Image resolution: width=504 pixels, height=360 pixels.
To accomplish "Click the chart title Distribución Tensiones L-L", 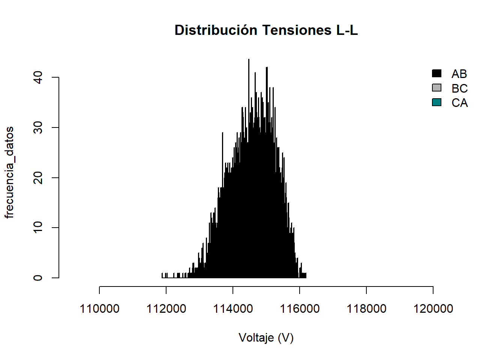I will pyautogui.click(x=266, y=30).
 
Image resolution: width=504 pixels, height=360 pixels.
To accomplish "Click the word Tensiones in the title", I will pyautogui.click(x=297, y=30).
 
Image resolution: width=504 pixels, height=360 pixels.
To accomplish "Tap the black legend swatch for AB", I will pyautogui.click(x=436, y=73).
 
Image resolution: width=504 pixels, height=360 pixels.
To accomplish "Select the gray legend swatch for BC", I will pyautogui.click(x=436, y=88).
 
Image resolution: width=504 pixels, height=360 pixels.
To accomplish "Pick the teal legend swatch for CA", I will pyautogui.click(x=436, y=102).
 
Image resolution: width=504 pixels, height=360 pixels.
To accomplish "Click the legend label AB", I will pyautogui.click(x=459, y=74).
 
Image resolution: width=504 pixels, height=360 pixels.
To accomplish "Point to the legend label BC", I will pyautogui.click(x=459, y=88).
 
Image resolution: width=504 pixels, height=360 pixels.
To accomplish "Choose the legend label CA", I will pyautogui.click(x=459, y=103).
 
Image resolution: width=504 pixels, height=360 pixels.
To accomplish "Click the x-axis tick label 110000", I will pyautogui.click(x=99, y=309).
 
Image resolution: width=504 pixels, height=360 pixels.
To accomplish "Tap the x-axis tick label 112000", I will pyautogui.click(x=166, y=309).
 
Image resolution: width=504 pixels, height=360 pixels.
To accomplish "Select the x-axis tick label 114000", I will pyautogui.click(x=233, y=309).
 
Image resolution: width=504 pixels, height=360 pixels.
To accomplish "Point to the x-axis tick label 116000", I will pyautogui.click(x=300, y=309).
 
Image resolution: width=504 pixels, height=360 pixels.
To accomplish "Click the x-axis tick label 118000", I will pyautogui.click(x=366, y=309).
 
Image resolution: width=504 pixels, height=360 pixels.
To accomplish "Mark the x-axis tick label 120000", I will pyautogui.click(x=433, y=309).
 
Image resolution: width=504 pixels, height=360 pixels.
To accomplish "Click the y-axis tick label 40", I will pyautogui.click(x=38, y=77).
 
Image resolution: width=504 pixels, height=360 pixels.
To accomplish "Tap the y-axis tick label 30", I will pyautogui.click(x=38, y=127).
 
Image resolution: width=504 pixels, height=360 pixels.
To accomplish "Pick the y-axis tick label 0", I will pyautogui.click(x=38, y=278).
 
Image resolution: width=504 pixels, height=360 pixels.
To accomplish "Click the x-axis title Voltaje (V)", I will pyautogui.click(x=266, y=337).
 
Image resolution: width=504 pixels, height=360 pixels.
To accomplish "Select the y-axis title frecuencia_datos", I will pyautogui.click(x=9, y=172).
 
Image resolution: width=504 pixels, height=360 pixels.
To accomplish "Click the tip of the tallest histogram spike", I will pyautogui.click(x=249, y=59).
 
